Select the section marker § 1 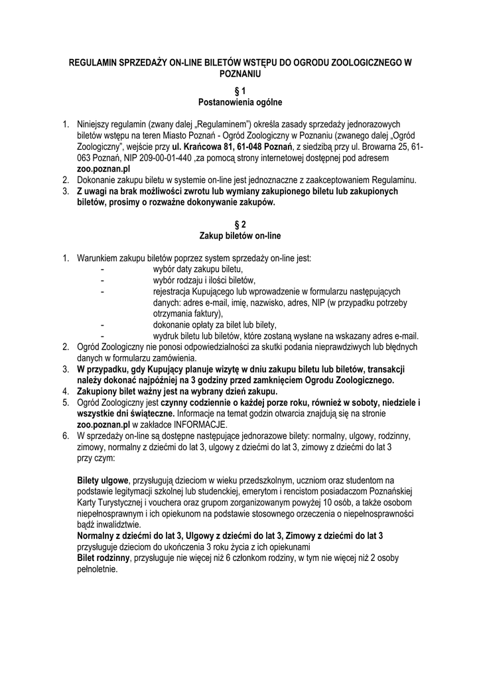[240, 91]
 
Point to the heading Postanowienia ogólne [240, 102]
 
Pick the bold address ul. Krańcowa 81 [201, 147]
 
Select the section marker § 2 [240, 225]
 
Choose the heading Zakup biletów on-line [240, 236]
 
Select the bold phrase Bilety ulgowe [103, 480]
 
